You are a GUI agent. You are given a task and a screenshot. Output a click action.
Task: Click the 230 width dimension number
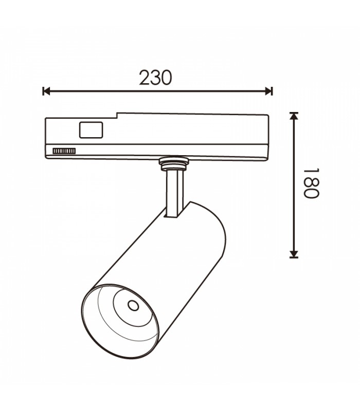coord(155,78)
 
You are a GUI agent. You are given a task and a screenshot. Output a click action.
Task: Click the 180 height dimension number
coord(311,183)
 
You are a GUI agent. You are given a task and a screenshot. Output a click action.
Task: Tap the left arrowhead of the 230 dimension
coord(46,91)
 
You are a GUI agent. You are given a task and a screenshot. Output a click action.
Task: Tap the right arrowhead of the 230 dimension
coord(269,91)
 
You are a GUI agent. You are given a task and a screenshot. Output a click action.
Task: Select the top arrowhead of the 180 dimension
coord(294,116)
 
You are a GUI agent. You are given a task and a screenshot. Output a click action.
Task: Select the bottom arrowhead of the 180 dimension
coord(294,254)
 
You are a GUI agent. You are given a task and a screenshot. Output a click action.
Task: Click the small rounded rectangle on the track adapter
coord(91,130)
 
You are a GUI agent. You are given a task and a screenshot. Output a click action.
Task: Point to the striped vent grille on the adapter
coord(64,151)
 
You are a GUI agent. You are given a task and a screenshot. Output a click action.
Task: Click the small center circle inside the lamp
coord(133,306)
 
